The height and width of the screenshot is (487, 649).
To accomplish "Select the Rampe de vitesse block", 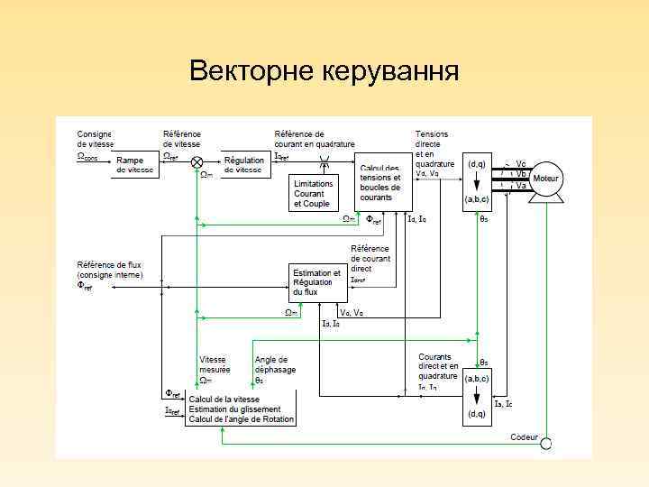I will (134, 164).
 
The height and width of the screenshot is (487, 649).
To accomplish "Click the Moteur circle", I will (545, 179).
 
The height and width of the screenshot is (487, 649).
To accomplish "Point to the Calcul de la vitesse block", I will (240, 408).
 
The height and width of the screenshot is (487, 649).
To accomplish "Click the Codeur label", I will (524, 437).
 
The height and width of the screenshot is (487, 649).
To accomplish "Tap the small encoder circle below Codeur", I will (545, 443).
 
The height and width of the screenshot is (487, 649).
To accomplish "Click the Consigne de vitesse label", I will (96, 139).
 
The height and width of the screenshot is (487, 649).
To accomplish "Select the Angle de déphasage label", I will (275, 364).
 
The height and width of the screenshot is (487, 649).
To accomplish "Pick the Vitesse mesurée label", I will (215, 364).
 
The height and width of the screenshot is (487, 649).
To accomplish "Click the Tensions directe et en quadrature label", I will (434, 149).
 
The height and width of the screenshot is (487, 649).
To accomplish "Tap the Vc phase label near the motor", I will (521, 163).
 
